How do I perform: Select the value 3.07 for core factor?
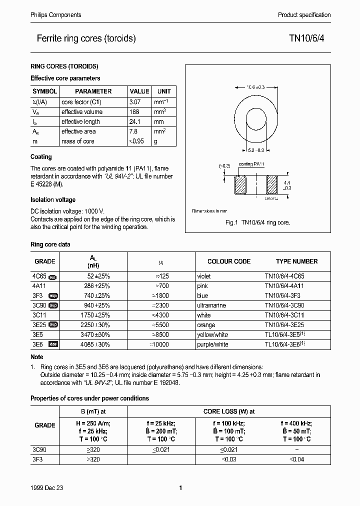[136, 101]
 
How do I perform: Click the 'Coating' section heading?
[41, 157]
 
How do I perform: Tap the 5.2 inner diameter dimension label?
[255, 149]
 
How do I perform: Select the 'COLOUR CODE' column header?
[229, 261]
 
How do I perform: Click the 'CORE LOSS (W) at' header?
[228, 411]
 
